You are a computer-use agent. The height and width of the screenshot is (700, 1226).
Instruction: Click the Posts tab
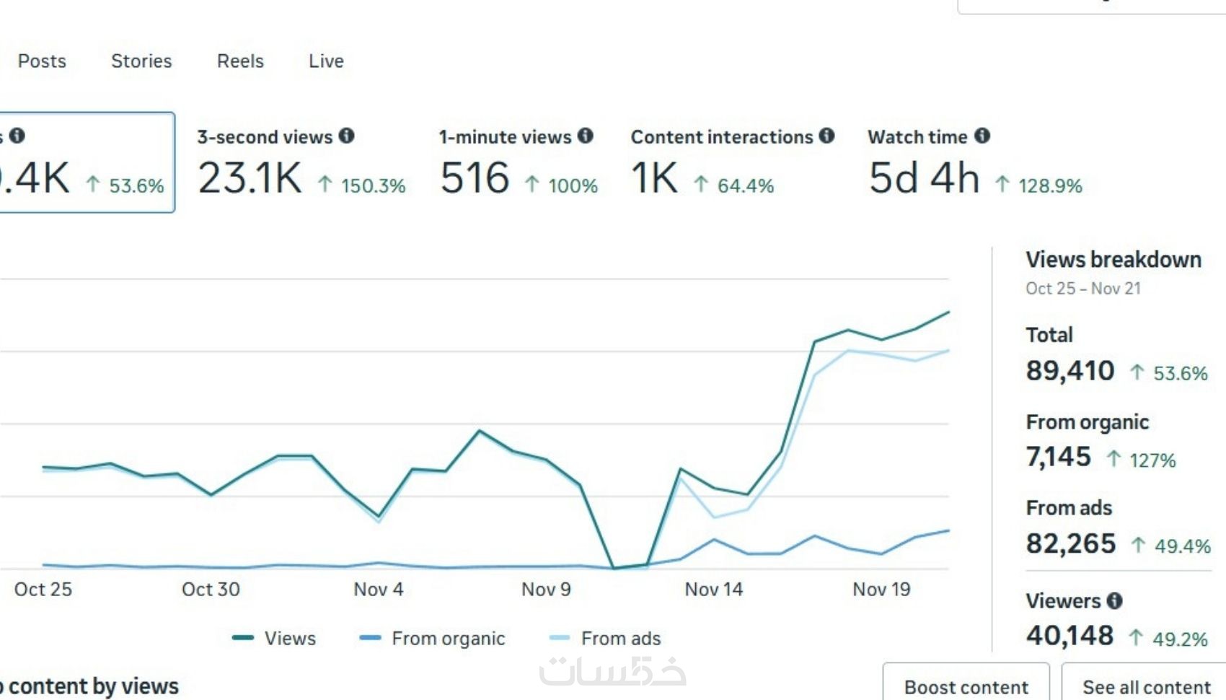(42, 61)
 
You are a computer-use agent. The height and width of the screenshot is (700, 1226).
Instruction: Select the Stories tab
(141, 61)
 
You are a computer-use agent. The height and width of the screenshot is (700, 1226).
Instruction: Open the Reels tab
(240, 61)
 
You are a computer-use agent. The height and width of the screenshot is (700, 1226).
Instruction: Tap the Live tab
(326, 61)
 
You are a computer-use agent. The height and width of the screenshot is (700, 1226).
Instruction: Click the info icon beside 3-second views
(347, 136)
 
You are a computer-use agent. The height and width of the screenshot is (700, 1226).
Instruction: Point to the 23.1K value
(250, 178)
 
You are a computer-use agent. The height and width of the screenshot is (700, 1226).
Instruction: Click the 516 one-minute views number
(475, 178)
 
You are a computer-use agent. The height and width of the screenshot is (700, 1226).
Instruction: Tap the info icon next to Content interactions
(827, 136)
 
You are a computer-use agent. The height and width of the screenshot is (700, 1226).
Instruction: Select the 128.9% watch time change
(1049, 186)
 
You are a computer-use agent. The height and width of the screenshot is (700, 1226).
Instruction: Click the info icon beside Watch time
(982, 136)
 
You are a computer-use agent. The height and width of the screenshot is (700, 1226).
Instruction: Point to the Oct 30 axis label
(211, 590)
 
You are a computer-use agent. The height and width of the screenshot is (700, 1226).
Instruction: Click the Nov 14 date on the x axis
(713, 590)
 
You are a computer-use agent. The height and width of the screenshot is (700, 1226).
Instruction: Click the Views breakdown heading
(1113, 260)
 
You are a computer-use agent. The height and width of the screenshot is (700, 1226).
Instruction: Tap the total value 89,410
(1070, 371)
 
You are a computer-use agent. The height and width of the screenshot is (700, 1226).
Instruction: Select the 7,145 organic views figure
(1058, 457)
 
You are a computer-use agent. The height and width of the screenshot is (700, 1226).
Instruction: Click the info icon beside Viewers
(1115, 600)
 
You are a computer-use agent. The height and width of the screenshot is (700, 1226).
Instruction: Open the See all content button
(1146, 687)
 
